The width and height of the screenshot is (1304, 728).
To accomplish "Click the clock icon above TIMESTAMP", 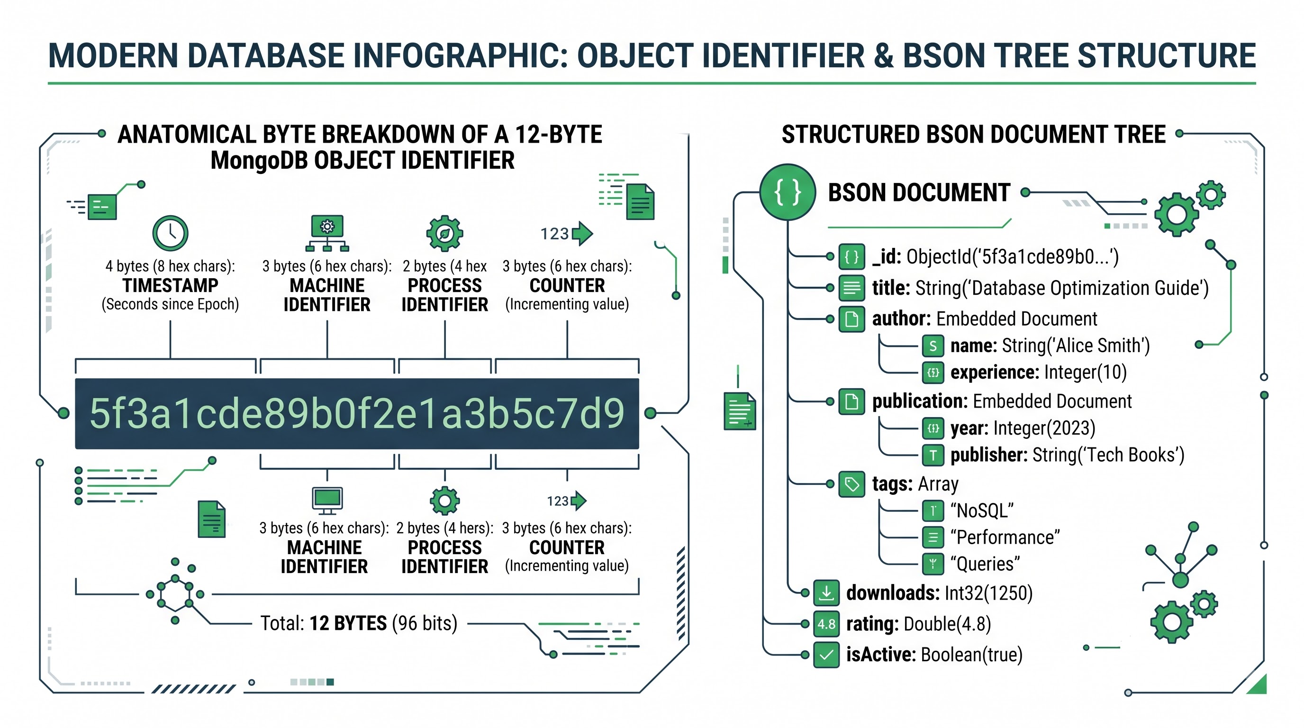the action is pos(170,233).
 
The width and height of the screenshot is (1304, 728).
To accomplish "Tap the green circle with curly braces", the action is pos(788,192).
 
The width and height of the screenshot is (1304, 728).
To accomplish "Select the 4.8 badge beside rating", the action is pos(826,624).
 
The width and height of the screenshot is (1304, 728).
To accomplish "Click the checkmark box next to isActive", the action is pos(826,655).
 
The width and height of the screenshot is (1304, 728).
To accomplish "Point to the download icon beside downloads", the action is pos(826,593).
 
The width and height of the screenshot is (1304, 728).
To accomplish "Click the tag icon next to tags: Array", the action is pos(851,484).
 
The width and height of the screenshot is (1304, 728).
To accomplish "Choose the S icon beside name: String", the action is pos(933,346).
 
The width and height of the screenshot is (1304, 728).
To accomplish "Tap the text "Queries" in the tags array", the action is pos(985,564).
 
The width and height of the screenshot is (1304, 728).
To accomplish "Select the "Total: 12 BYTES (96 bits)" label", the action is pos(358,623).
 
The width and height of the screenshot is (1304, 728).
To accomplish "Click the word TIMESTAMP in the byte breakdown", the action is pos(170,285).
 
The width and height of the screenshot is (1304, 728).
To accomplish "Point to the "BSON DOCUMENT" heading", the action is pos(919,193).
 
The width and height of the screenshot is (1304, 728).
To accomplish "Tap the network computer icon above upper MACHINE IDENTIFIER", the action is pos(327,233).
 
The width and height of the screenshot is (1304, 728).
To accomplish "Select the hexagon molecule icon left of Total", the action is pos(175,591).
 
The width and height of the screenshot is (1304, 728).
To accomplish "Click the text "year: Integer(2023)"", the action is pos(1023,428).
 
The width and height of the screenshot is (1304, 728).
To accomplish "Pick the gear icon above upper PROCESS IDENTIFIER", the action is pos(444,233).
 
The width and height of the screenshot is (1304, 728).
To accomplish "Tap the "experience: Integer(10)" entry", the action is pos(1039,373).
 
